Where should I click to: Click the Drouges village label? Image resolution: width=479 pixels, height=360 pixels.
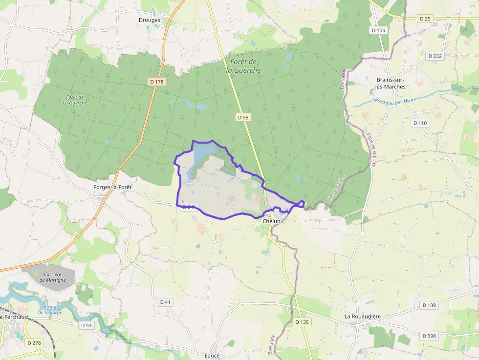(x=150, y=20)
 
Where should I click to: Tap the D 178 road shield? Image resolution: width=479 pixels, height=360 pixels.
(x=157, y=82)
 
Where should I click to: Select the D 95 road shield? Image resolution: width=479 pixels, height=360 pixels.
(x=243, y=117)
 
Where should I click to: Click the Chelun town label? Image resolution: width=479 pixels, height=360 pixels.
(x=271, y=221)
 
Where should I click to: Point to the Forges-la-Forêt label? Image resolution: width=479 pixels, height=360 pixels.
(x=112, y=187)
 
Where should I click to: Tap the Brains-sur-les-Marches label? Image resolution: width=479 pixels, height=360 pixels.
(x=391, y=83)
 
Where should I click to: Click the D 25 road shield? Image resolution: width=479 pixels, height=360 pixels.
(x=425, y=19)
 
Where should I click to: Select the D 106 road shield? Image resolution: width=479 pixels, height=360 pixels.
(x=378, y=30)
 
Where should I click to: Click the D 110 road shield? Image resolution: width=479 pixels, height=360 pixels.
(x=420, y=123)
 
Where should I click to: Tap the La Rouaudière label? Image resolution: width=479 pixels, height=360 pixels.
(x=363, y=317)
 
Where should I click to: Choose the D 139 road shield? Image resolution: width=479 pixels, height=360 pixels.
(x=428, y=305)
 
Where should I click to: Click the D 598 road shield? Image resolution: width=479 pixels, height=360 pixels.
(x=428, y=336)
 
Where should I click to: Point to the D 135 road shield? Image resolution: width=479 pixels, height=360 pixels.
(x=302, y=322)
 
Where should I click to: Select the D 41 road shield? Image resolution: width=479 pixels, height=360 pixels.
(x=166, y=302)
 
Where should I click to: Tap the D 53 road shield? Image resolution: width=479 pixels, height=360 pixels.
(x=86, y=325)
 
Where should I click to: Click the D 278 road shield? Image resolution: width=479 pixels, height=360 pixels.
(x=34, y=343)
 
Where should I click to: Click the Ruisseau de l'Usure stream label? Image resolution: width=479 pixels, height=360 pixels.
(x=395, y=101)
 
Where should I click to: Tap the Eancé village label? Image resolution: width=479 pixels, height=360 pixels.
(x=213, y=355)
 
